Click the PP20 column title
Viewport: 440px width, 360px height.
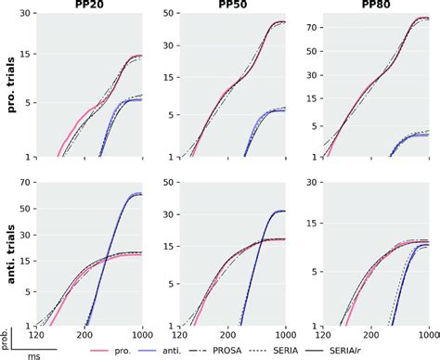89,6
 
